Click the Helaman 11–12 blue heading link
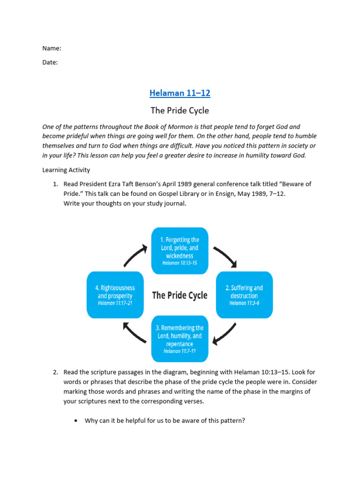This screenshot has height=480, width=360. [x=180, y=93]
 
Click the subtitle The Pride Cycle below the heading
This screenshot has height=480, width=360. [x=180, y=111]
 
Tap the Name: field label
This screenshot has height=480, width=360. [x=52, y=48]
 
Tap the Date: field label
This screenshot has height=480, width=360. [x=50, y=62]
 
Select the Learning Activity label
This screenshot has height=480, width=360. [x=66, y=170]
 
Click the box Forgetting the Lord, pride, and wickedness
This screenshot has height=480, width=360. [x=180, y=251]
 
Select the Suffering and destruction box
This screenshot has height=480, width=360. [x=244, y=295]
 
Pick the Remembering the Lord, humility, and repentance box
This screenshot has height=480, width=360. [x=180, y=339]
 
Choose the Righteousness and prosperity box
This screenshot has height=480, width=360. [x=115, y=295]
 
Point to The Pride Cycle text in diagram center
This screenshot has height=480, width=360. [x=180, y=295]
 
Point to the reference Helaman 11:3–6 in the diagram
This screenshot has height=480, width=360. [x=244, y=303]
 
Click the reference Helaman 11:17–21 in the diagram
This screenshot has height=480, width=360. [x=115, y=303]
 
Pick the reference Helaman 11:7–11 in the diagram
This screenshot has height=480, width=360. [x=180, y=351]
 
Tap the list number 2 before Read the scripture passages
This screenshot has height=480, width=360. [x=55, y=372]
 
